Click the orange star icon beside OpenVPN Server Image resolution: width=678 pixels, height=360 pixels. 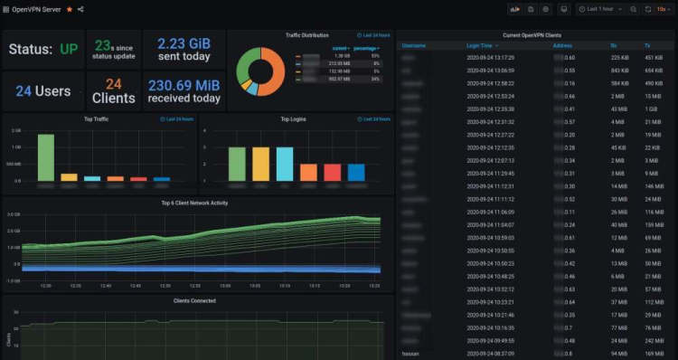(x=70, y=9)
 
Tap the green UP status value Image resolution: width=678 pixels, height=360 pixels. (x=68, y=49)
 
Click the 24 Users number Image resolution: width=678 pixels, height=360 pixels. (x=42, y=91)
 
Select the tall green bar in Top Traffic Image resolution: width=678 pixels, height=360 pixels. (x=45, y=157)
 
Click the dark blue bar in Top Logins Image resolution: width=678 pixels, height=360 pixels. (x=356, y=172)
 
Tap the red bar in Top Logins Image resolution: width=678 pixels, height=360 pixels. (x=332, y=172)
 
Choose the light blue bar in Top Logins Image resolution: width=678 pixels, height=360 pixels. (x=284, y=164)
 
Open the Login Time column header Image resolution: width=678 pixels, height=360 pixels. (x=481, y=44)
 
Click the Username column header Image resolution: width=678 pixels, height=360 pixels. (x=414, y=44)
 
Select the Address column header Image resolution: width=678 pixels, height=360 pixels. (x=562, y=44)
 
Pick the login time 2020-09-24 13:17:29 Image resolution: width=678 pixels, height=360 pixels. (x=491, y=56)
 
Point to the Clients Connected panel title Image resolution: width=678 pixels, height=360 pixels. (x=194, y=300)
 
